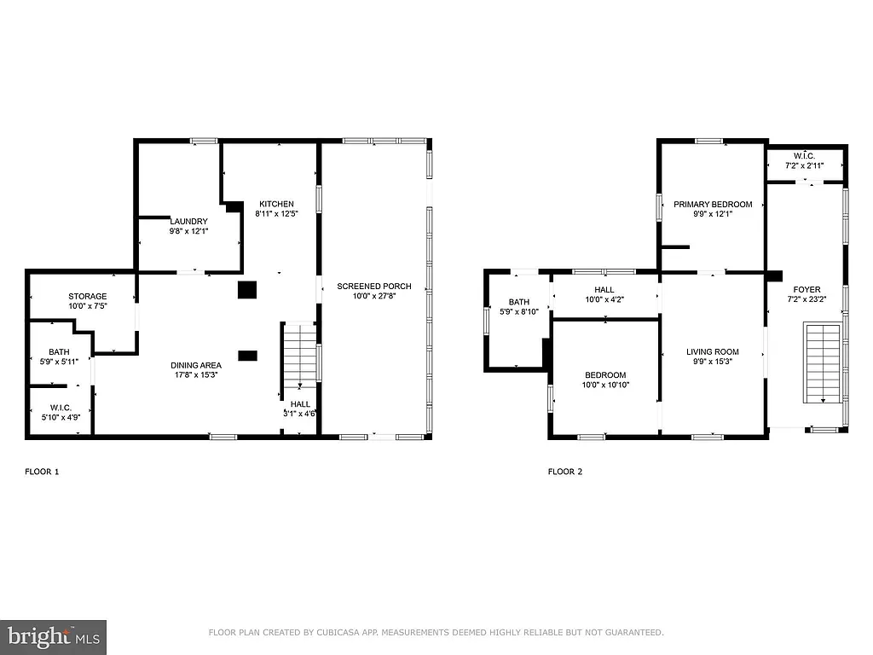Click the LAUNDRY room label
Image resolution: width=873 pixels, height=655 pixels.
(x=188, y=222)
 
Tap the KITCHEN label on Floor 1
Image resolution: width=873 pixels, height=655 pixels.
(x=276, y=204)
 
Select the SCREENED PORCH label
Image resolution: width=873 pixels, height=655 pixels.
(x=374, y=286)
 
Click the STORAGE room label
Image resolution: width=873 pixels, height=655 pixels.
(x=88, y=296)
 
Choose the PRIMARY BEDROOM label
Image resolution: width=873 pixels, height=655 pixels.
(x=713, y=204)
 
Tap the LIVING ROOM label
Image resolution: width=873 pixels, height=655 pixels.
(x=713, y=351)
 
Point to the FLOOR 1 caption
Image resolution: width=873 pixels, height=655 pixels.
(x=43, y=472)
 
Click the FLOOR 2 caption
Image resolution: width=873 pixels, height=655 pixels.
(x=565, y=472)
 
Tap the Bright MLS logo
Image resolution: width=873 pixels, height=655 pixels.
(x=53, y=636)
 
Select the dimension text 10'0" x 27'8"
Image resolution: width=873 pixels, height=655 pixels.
(x=374, y=296)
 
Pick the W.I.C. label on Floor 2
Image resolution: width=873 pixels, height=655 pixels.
(x=805, y=155)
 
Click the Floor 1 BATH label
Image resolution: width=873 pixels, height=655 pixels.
(x=59, y=351)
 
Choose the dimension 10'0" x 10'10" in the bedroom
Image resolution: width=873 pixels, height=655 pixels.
(x=605, y=385)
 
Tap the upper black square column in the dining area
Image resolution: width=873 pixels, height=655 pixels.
(x=247, y=290)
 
